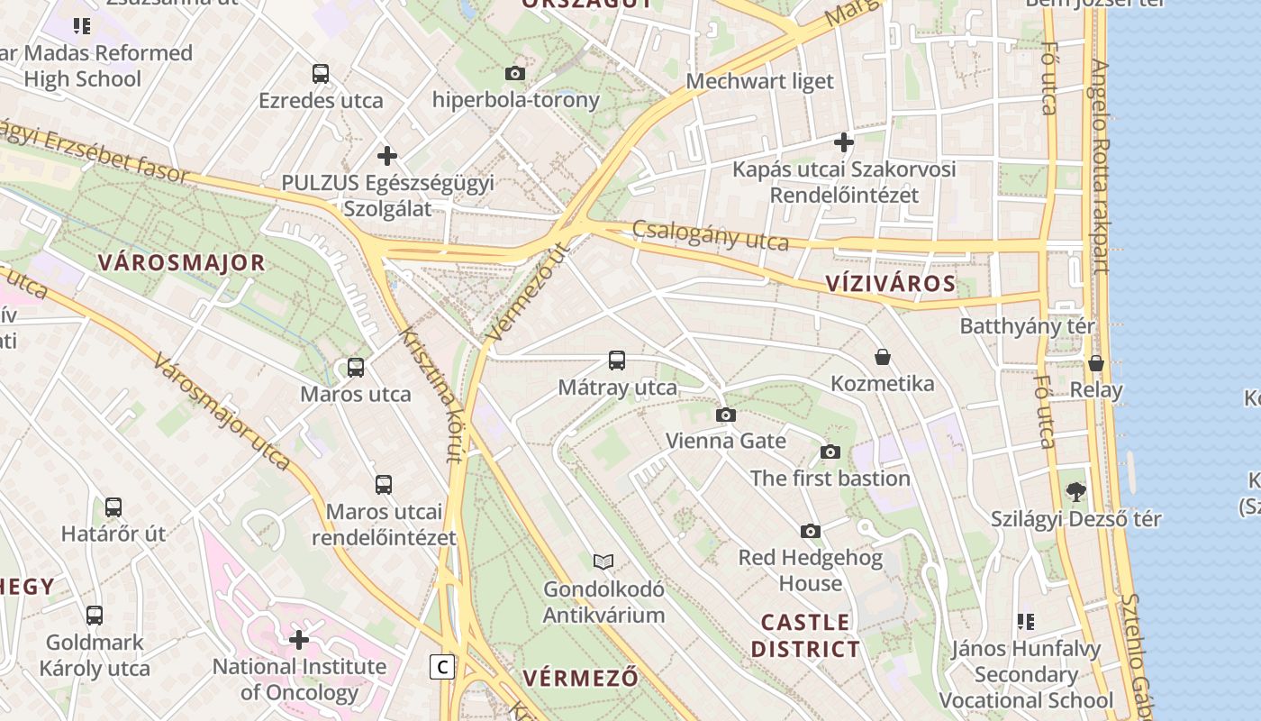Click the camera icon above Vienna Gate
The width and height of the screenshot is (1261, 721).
725,415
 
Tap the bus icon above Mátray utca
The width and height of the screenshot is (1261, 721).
617,360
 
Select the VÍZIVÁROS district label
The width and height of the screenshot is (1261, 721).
890,284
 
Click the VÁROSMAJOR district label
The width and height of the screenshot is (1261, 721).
181,263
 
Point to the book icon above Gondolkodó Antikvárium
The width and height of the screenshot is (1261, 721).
603,562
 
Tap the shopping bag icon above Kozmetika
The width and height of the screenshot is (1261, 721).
883,357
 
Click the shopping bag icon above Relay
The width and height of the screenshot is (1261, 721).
1095,363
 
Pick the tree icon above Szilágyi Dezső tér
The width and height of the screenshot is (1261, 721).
1075,492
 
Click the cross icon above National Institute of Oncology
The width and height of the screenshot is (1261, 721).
299,640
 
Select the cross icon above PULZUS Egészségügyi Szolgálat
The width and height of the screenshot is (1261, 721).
387,156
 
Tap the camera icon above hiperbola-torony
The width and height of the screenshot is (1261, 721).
515,73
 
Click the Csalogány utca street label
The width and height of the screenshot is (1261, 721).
710,235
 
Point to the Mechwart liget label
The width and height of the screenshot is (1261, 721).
760,81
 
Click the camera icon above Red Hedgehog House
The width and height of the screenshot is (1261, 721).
811,531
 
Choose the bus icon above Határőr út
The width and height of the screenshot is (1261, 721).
113,507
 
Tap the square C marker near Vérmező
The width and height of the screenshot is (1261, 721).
441,667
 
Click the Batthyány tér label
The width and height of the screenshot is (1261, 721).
1027,326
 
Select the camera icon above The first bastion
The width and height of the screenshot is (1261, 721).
830,452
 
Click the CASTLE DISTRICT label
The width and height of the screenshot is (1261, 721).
805,635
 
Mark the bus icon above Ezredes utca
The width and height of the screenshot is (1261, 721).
321,74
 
